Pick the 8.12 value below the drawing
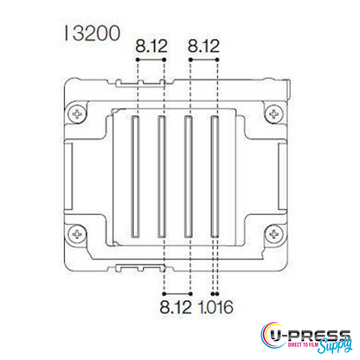pyautogui.click(x=176, y=305)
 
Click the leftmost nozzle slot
pyautogui.click(x=134, y=178)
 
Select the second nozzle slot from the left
pyautogui.click(x=160, y=178)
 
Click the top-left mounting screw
pyautogui.click(x=79, y=112)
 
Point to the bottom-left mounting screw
pyautogui.click(x=79, y=234)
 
